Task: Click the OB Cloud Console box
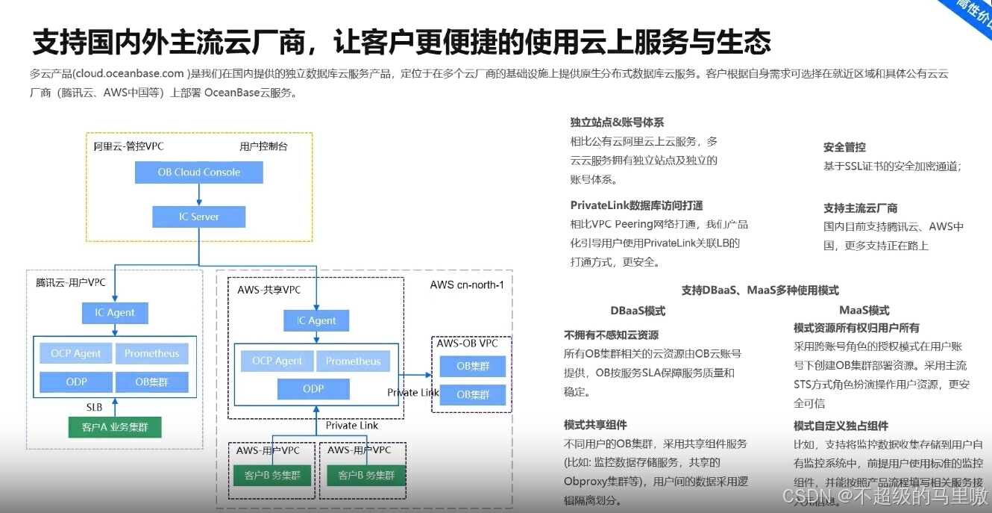pyautogui.click(x=198, y=172)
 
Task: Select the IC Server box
pyautogui.click(x=198, y=217)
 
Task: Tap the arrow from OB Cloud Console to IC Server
pyautogui.click(x=198, y=195)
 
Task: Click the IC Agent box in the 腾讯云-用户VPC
pyautogui.click(x=115, y=313)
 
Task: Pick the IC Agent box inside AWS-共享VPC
pyautogui.click(x=316, y=321)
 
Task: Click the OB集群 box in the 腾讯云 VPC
pyautogui.click(x=151, y=382)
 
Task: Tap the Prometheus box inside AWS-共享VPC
pyautogui.click(x=353, y=361)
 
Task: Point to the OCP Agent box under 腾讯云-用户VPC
pyautogui.click(x=76, y=354)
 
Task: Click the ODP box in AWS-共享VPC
pyautogui.click(x=313, y=389)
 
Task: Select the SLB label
pyautogui.click(x=94, y=408)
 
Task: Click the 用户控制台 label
pyautogui.click(x=263, y=146)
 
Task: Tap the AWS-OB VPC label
pyautogui.click(x=467, y=343)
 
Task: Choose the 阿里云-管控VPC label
pyautogui.click(x=128, y=146)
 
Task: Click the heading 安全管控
pyautogui.click(x=844, y=147)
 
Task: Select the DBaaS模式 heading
pyautogui.click(x=638, y=311)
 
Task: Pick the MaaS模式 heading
pyautogui.click(x=864, y=311)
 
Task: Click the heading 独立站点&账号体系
pyautogui.click(x=617, y=122)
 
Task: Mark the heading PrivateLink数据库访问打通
pyautogui.click(x=636, y=205)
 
